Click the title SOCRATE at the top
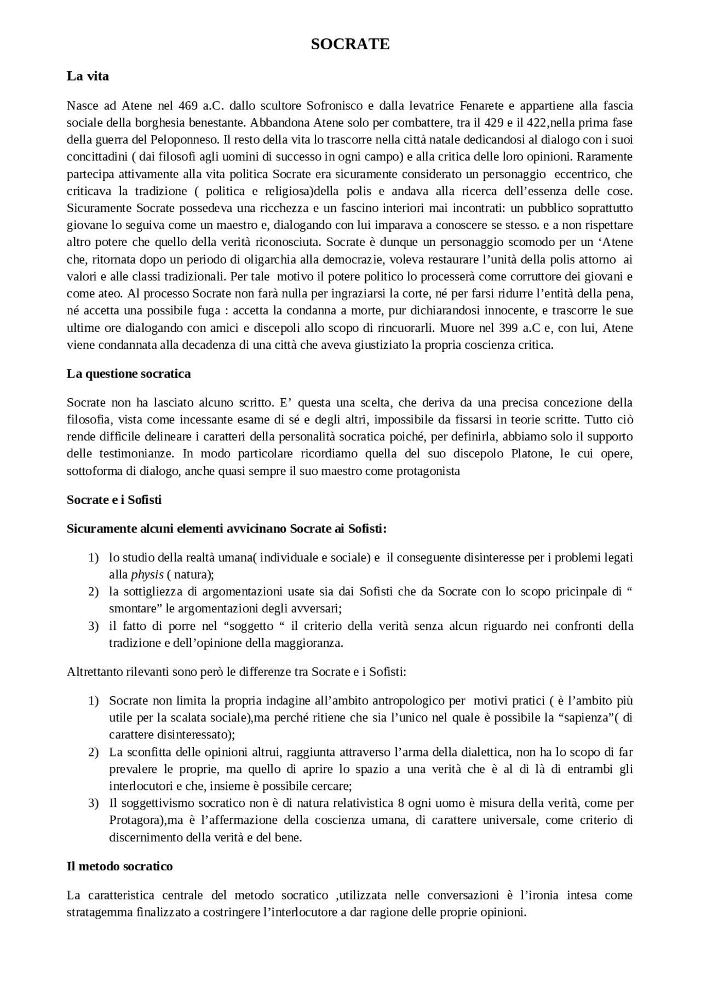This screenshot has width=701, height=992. coord(350,44)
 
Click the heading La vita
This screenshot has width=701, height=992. coord(88,76)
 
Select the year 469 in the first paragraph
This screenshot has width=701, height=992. coord(188,105)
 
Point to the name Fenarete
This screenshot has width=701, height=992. coord(481,105)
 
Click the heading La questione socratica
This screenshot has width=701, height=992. coord(129,374)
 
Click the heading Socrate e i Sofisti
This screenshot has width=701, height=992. coord(114,500)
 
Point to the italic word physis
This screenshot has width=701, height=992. coord(147,575)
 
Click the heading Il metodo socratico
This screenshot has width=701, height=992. coord(119,867)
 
